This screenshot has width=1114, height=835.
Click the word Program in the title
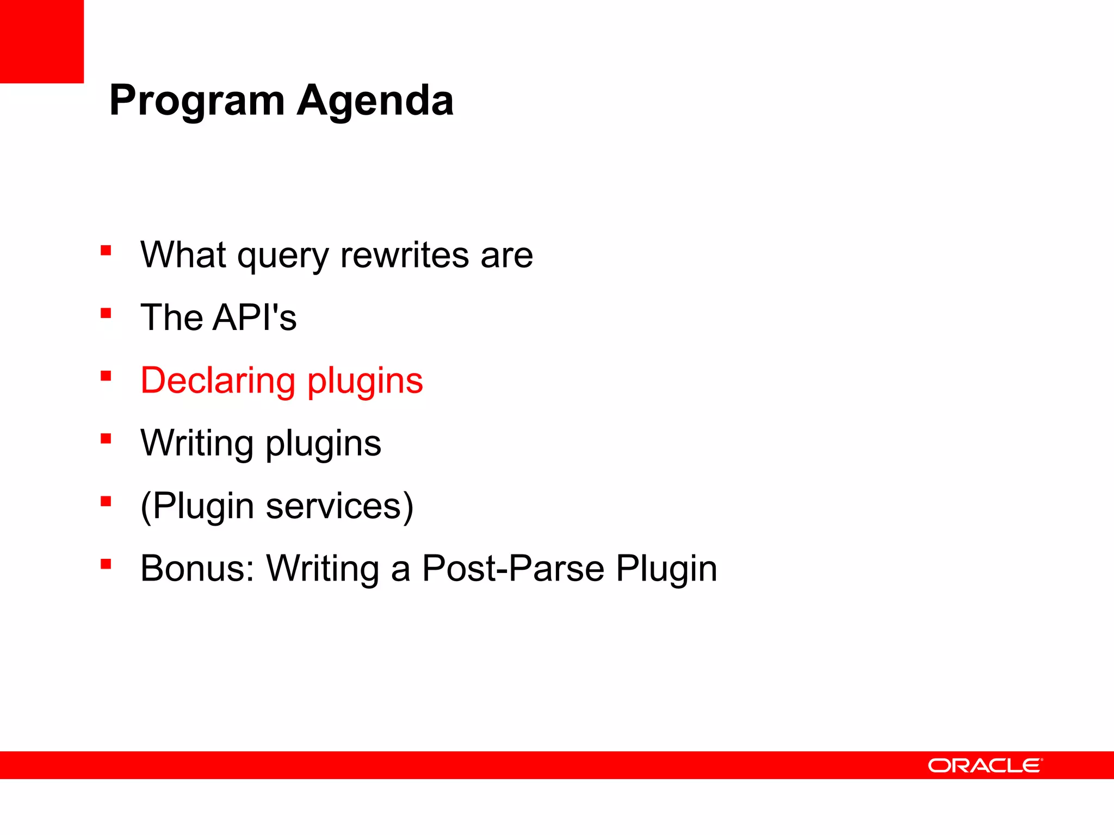point(197,101)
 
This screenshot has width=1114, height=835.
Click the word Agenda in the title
point(375,101)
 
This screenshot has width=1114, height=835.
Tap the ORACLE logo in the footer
point(985,765)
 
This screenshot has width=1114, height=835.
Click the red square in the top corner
point(42,41)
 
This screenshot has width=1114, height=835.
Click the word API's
point(255,317)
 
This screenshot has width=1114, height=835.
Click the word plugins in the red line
point(365,382)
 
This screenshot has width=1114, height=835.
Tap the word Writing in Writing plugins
point(197,443)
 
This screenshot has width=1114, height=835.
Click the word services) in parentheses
point(339,506)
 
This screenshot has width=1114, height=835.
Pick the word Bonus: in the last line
point(197,569)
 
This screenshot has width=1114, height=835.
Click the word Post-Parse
point(513,569)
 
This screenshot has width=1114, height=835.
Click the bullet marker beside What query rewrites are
point(106,251)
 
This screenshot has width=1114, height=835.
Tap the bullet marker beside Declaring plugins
point(106,376)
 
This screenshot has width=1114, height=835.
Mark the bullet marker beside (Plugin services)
point(106,501)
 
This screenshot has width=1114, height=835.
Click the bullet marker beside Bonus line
point(106,564)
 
